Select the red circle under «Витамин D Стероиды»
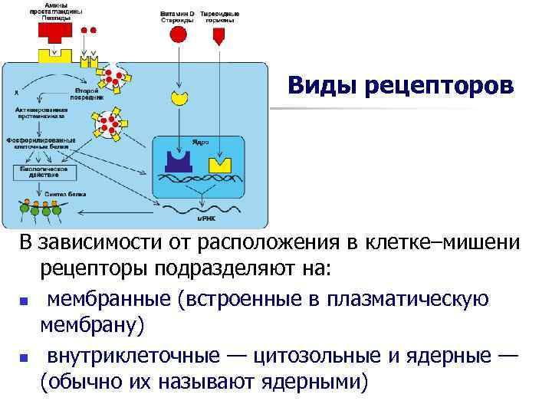click(178, 34)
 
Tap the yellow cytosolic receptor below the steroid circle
click(179, 97)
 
